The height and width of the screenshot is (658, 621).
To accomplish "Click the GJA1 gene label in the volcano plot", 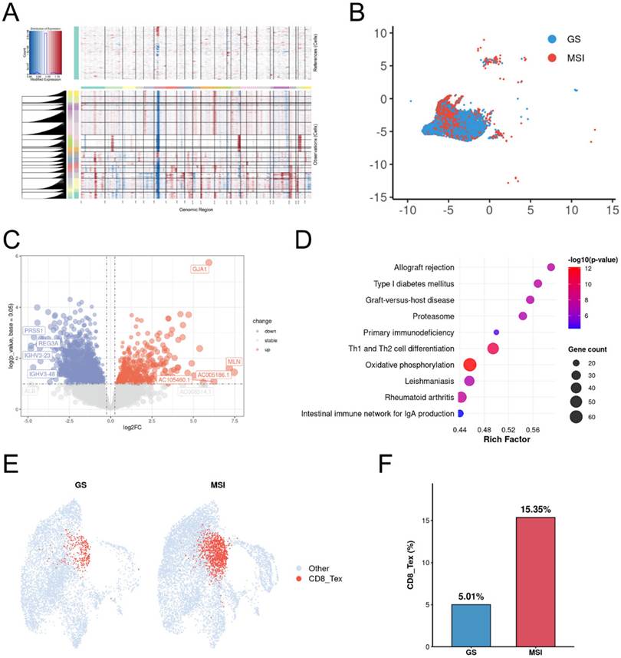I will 201,269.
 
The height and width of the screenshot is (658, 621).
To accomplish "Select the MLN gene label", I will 233,362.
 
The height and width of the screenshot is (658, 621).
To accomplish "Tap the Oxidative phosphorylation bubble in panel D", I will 469,365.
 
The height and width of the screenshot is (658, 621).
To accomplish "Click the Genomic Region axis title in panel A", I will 194,209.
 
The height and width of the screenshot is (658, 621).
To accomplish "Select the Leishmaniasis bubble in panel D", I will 469,381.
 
